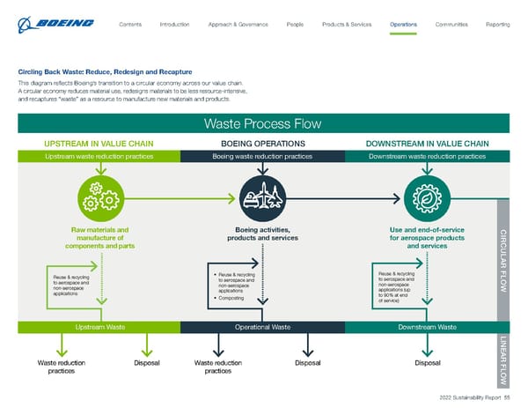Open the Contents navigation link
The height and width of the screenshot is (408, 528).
coord(130,24)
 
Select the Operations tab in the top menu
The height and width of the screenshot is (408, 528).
coord(403,24)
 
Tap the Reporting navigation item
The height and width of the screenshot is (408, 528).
coord(497,24)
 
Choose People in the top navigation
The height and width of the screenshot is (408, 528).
coord(296,24)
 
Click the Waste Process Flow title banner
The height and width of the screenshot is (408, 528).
coord(262,123)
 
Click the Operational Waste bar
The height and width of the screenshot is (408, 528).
coord(262,327)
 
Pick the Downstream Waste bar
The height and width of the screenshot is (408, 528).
coord(425,327)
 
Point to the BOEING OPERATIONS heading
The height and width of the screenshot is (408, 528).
coord(262,143)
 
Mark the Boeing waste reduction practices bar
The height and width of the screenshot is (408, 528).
coord(262,156)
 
